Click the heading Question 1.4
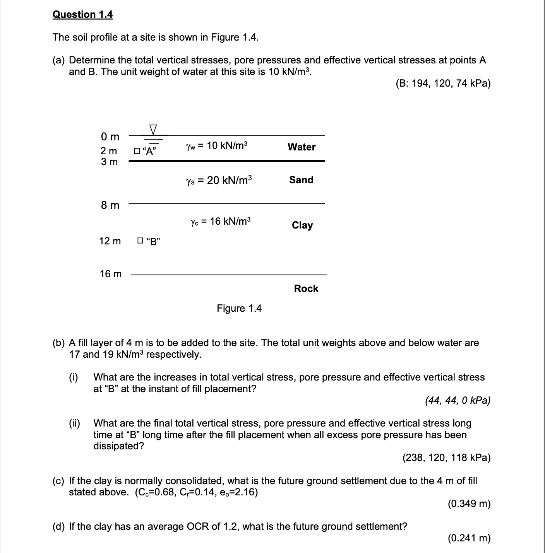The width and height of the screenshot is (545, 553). coord(82,15)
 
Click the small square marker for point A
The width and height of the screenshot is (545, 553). coord(136,151)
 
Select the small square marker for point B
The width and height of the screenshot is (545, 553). coord(140,241)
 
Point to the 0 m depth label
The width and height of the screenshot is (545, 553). coord(110,137)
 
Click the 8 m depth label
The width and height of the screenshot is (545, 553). coord(110,205)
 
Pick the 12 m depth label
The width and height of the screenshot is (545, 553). coord(110,241)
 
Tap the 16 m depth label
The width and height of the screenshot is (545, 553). coord(110,274)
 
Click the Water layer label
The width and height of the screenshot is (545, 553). coord(302,147)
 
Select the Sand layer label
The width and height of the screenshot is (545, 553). coord(301,180)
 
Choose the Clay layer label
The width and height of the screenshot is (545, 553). coord(302,225)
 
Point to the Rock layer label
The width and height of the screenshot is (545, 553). coord(306,288)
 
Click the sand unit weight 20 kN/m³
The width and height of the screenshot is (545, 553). coord(219,180)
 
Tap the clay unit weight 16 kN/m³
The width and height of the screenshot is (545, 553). coord(220,221)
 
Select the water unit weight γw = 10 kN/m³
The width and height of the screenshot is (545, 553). coord(216,146)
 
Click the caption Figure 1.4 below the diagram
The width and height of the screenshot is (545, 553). coord(239,308)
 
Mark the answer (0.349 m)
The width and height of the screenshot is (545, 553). coord(469,504)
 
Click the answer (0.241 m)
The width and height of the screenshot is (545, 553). coord(469,538)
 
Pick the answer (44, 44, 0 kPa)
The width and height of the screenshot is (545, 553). coord(458,400)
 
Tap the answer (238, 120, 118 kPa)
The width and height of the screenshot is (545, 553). coord(446,458)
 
